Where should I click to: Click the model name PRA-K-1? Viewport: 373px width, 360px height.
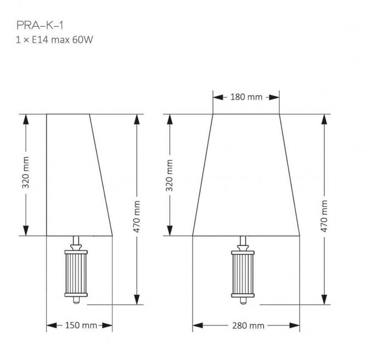[40, 25]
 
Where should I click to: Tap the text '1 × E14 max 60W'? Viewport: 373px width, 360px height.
[54, 39]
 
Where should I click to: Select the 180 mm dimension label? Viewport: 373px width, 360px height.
[246, 97]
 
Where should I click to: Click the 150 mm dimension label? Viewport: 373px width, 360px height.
[81, 325]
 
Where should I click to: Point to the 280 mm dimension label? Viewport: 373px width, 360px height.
[248, 325]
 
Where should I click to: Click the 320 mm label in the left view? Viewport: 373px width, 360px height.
[26, 173]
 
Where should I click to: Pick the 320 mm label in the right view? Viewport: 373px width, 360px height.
[169, 175]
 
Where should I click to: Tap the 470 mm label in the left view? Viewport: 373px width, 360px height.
[137, 216]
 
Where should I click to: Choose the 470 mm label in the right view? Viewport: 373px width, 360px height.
[324, 216]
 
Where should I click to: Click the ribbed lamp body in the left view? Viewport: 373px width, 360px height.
[76, 273]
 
